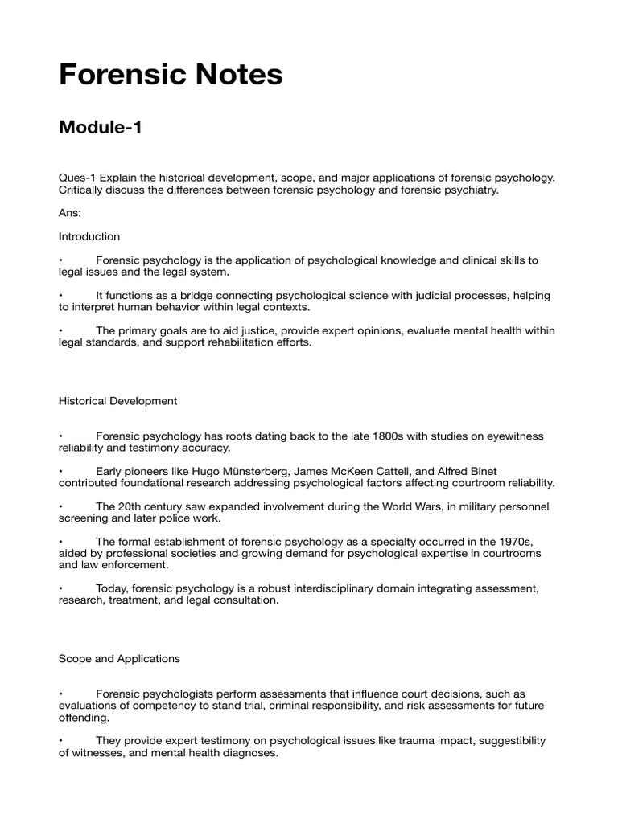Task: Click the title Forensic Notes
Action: (x=171, y=75)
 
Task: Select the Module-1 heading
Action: (x=101, y=127)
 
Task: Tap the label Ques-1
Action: (x=78, y=177)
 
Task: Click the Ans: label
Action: (x=70, y=213)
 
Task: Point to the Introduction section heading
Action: (x=89, y=236)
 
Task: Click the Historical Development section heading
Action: (x=117, y=400)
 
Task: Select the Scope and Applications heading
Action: (x=119, y=658)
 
